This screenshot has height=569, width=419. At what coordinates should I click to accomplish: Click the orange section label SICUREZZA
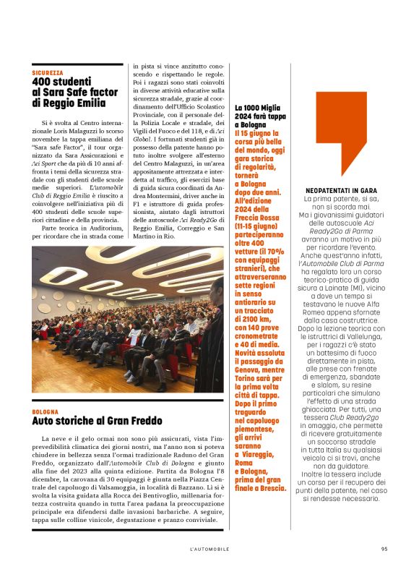click(x=48, y=73)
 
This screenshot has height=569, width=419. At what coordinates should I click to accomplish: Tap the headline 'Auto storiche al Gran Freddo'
click(x=86, y=421)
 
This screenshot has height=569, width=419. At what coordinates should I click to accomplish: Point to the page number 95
click(x=384, y=549)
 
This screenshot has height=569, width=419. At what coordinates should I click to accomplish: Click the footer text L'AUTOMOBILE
click(x=209, y=549)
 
